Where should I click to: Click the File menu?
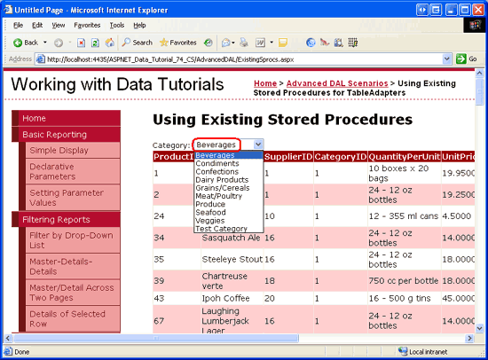pyautogui.click(x=18, y=25)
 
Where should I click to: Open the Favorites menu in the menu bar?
pyautogui.click(x=87, y=25)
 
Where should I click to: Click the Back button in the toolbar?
pyautogui.click(x=26, y=42)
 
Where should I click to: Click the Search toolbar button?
pyautogui.click(x=137, y=42)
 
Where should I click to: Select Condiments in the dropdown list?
pyautogui.click(x=217, y=164)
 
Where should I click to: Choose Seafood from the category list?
pyautogui.click(x=211, y=212)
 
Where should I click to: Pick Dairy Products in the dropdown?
pyautogui.click(x=223, y=180)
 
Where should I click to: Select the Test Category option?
pyautogui.click(x=222, y=229)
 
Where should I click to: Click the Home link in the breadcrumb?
pyautogui.click(x=264, y=83)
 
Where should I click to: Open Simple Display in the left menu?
pyautogui.click(x=59, y=151)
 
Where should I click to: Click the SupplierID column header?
pyautogui.click(x=287, y=157)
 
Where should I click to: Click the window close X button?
pyautogui.click(x=476, y=7)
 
